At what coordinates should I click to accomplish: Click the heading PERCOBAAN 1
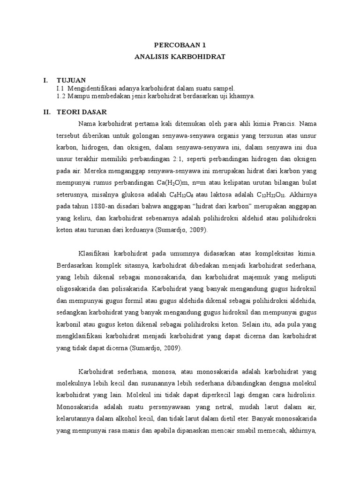(180, 45)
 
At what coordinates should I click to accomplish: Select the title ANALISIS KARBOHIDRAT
(180, 57)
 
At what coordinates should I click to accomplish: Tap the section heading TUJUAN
(71, 80)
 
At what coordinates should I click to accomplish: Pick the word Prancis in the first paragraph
(281, 124)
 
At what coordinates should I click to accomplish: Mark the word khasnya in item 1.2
(241, 96)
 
